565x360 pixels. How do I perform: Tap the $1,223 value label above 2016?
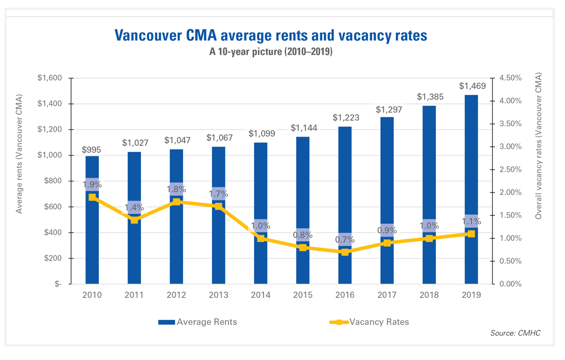(345, 117)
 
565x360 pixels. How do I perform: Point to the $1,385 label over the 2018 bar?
(429, 97)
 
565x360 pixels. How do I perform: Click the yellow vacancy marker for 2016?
(345, 252)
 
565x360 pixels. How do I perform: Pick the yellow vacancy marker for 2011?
(134, 220)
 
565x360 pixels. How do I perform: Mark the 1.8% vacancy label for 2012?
(177, 189)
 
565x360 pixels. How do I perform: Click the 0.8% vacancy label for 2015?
(303, 235)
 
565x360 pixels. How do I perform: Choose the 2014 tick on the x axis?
(260, 295)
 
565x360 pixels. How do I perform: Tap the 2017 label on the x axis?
(387, 295)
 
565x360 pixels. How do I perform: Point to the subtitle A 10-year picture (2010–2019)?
(271, 52)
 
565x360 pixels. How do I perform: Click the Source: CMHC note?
(516, 333)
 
